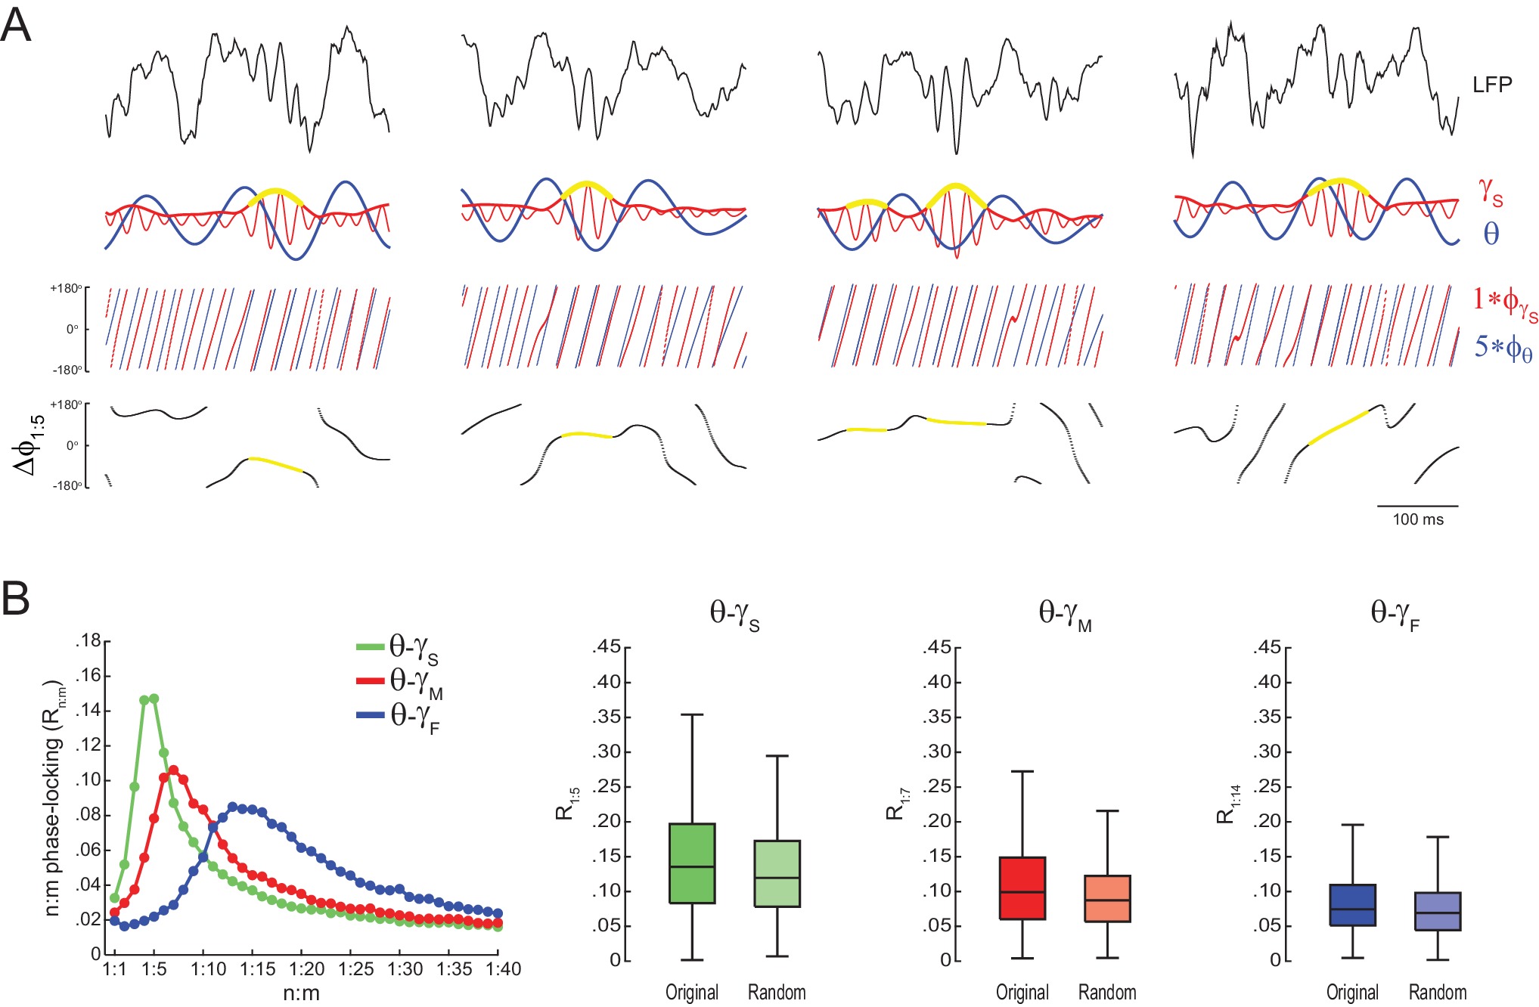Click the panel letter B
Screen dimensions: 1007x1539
(17, 599)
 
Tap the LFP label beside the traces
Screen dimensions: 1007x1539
(1492, 85)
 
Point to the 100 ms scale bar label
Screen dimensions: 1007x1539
(1418, 519)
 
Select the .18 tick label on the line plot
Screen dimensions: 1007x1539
(88, 642)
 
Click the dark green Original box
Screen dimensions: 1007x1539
(692, 863)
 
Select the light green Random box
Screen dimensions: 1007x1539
(777, 873)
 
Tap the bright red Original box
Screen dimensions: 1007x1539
(1022, 888)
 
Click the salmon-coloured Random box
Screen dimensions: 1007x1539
(1107, 899)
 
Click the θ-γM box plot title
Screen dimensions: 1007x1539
(1065, 614)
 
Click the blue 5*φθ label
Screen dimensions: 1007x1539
(1503, 348)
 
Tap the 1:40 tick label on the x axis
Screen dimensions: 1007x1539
(502, 969)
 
